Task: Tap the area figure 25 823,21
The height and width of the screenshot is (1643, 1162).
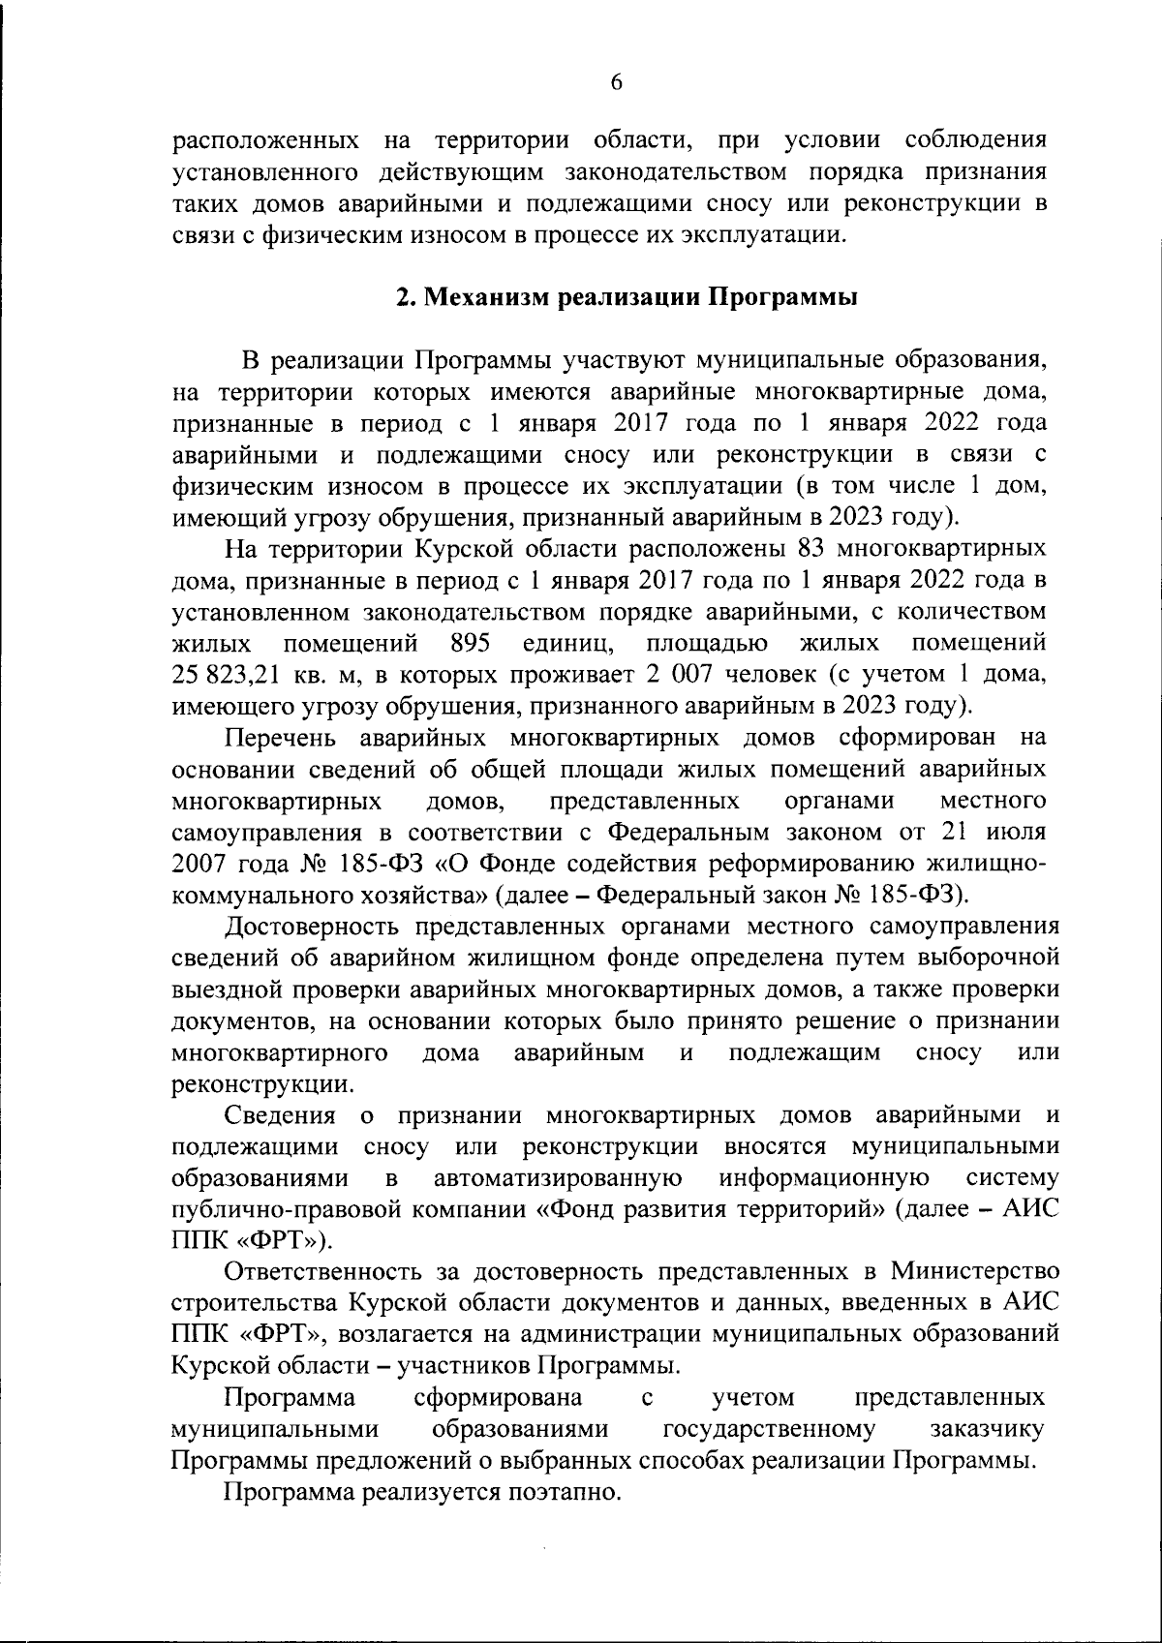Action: tap(219, 675)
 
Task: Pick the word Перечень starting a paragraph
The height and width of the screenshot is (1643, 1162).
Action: tap(281, 738)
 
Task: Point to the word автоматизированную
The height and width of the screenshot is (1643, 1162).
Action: tap(560, 1178)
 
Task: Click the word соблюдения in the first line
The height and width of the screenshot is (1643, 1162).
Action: tap(975, 139)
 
